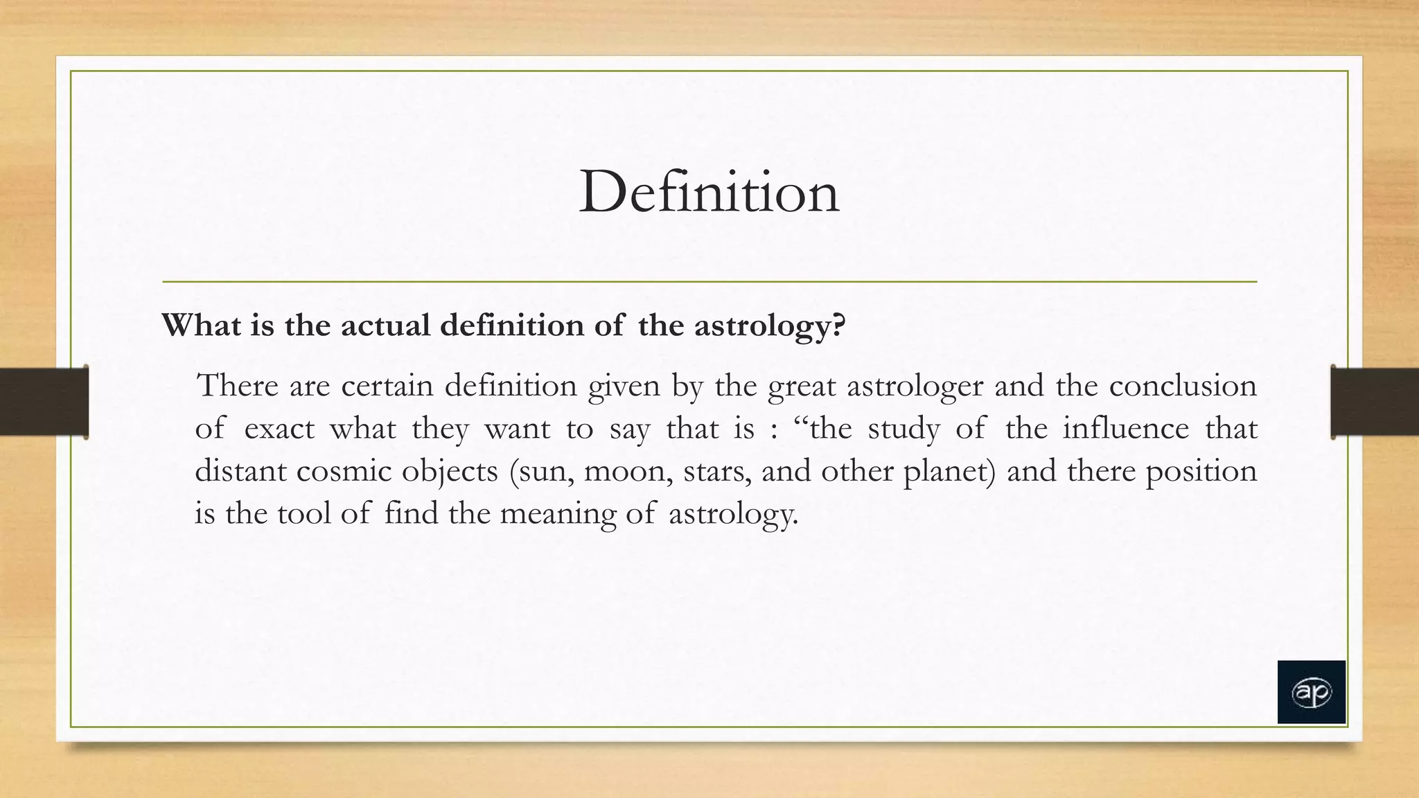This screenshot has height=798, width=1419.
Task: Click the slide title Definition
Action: click(x=709, y=192)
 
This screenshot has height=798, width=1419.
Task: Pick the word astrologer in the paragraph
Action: click(x=915, y=387)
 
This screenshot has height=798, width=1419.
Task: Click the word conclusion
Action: click(x=1182, y=385)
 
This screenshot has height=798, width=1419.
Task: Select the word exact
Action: click(x=279, y=428)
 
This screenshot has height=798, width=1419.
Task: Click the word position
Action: click(x=1201, y=472)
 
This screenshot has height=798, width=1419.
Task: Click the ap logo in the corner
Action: click(x=1311, y=692)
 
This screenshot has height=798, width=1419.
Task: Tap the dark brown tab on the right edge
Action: click(x=1375, y=402)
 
